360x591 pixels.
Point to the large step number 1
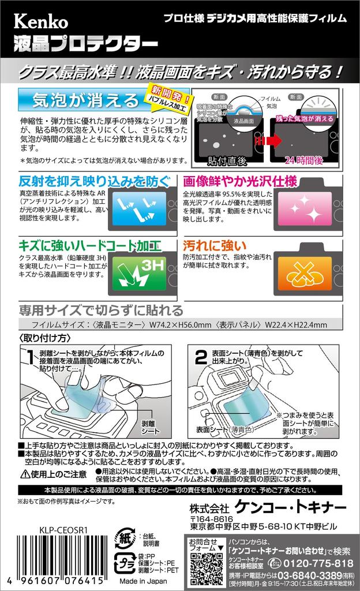pos(29,358)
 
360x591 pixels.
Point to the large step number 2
pos(201,358)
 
